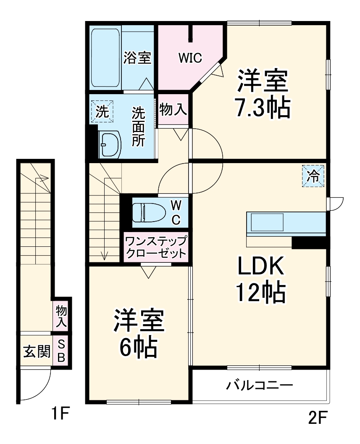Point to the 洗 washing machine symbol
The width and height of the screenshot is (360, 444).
pyautogui.click(x=102, y=112)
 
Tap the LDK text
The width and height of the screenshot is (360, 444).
pyautogui.click(x=261, y=266)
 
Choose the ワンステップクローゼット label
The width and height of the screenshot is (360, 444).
pyautogui.click(x=155, y=248)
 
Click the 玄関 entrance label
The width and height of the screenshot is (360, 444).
pyautogui.click(x=36, y=351)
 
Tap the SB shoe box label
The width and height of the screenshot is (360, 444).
pyautogui.click(x=61, y=351)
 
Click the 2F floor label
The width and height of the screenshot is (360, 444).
pyautogui.click(x=317, y=418)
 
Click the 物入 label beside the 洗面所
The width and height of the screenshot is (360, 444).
pyautogui.click(x=173, y=110)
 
